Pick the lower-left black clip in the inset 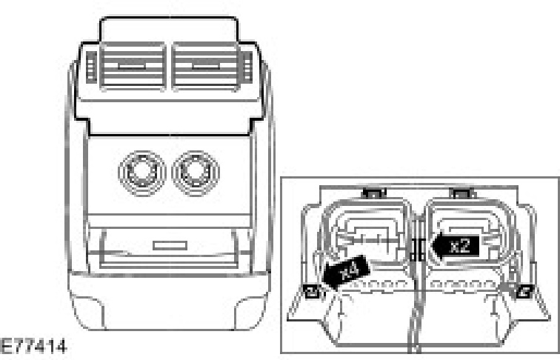[x=312, y=290]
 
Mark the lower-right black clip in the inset [x=522, y=290]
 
